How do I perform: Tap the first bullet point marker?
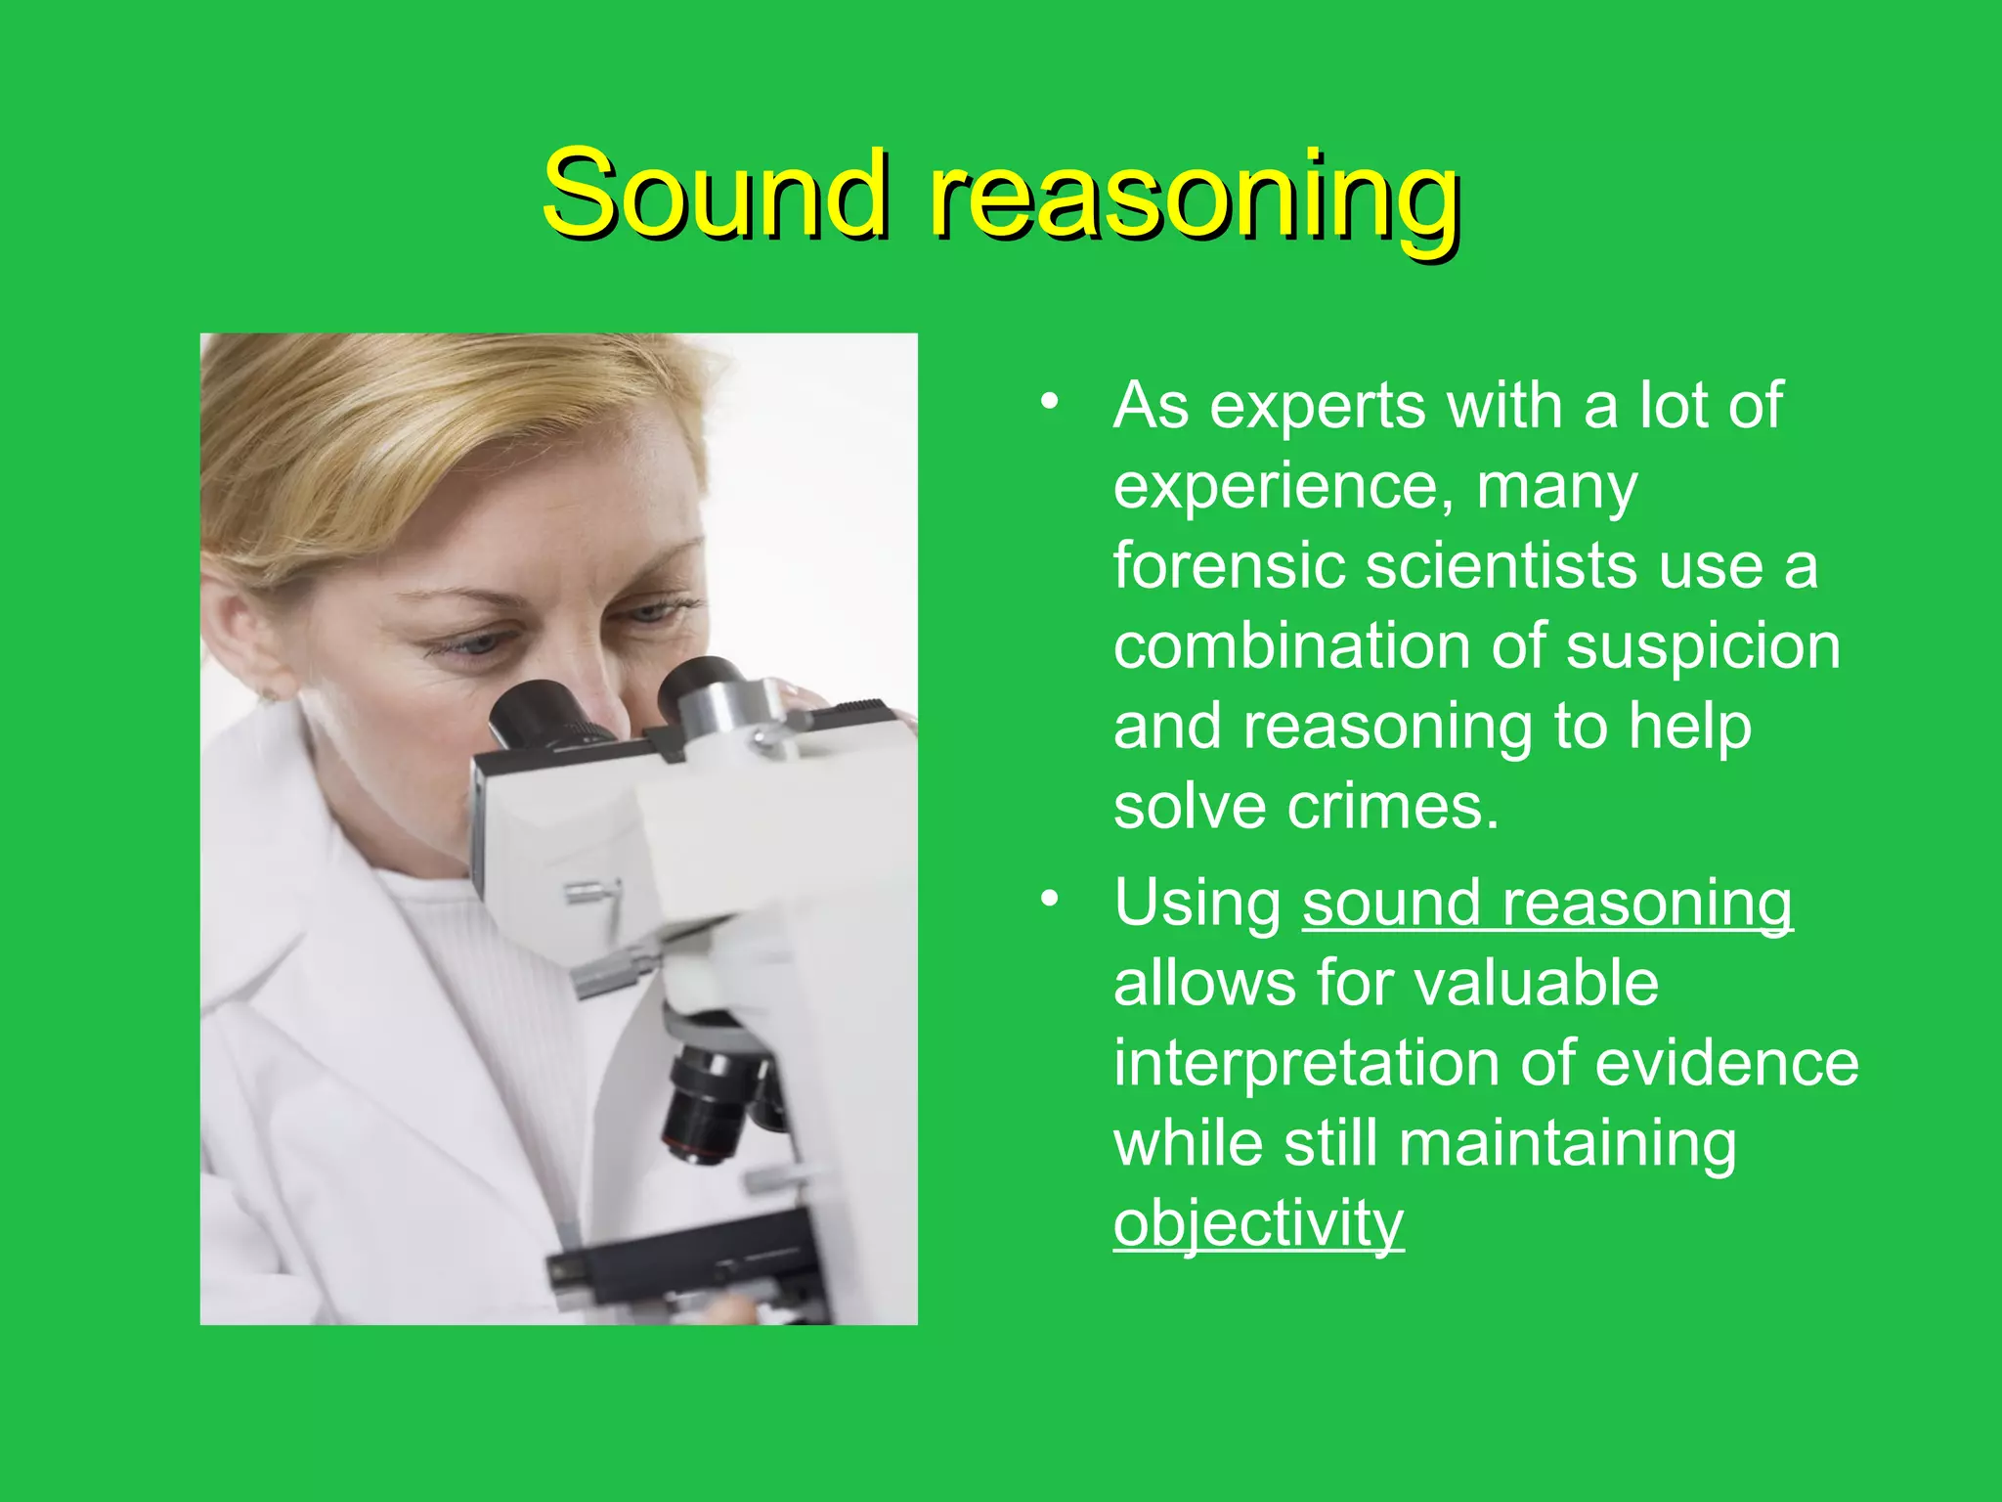tap(1049, 402)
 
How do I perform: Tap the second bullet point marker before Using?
tap(1049, 899)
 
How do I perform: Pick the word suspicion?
tap(1703, 648)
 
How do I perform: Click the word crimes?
tap(1392, 808)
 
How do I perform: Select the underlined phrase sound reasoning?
tap(1547, 903)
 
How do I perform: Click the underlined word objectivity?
tap(1258, 1223)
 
